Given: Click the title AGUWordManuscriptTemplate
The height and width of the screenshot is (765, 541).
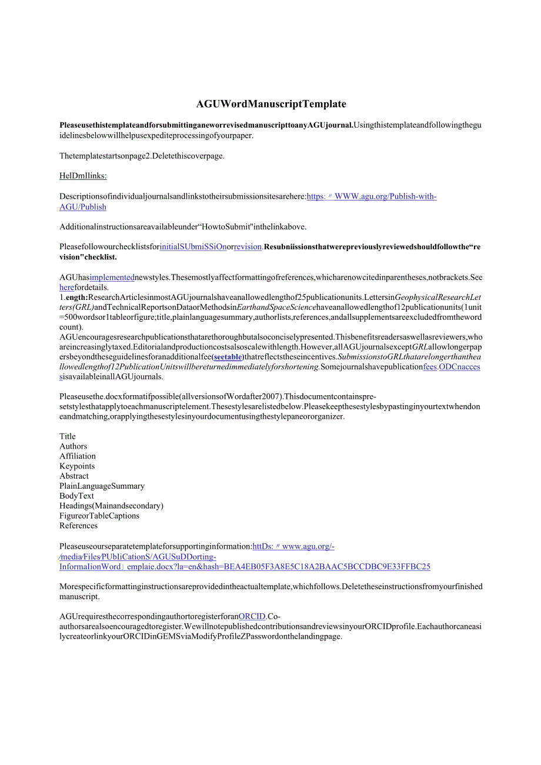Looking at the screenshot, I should point(271,104).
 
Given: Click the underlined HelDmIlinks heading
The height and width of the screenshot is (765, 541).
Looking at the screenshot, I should point(83,176).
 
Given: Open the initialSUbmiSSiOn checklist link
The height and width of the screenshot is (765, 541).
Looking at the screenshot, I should point(193,247).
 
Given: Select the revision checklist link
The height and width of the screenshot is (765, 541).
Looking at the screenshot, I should point(248,247).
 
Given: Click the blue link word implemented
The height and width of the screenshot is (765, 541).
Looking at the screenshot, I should point(112,277).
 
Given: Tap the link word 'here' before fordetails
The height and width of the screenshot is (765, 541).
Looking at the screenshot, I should point(66,287).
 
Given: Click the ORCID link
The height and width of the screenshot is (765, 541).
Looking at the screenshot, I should point(252,616).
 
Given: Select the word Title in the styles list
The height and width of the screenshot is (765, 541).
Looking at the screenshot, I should point(68,436).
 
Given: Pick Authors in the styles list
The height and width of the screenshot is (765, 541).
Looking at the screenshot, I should point(74,446).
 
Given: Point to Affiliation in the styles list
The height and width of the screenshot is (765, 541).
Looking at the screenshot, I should point(78,456).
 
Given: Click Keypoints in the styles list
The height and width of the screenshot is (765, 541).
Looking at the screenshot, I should point(77,466).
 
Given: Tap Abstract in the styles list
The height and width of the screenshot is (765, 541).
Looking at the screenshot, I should point(74,476).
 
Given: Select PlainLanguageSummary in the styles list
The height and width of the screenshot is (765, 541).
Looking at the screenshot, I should point(102,486).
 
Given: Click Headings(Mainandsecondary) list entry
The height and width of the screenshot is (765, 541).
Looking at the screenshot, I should point(111,506).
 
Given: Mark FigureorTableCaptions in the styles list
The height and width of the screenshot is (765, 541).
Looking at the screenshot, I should point(99,516).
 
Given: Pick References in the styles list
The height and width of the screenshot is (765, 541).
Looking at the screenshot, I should point(78,526).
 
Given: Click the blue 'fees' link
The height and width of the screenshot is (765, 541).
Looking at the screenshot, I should point(430,366).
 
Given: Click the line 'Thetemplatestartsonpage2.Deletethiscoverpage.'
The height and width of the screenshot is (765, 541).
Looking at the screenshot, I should point(142,156).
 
